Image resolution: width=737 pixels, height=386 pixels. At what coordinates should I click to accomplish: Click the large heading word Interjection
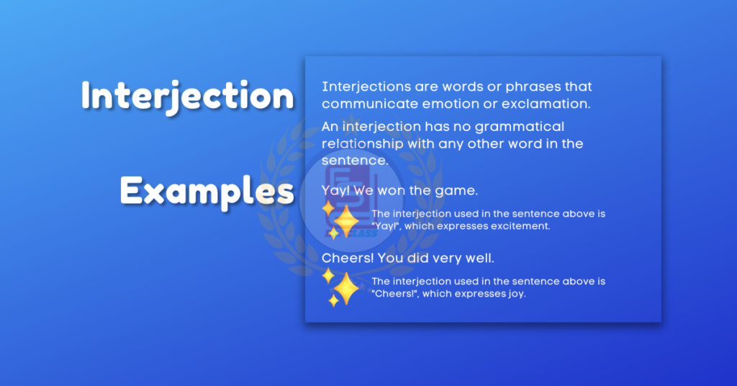[x=188, y=96]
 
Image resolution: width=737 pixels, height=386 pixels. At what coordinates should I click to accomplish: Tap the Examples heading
[x=207, y=191]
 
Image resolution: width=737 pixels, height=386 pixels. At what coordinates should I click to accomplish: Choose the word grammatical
[x=520, y=127]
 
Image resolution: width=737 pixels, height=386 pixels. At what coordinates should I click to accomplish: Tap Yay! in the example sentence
[x=335, y=191]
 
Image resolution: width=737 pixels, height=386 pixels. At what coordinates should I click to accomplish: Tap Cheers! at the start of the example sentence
[x=348, y=258]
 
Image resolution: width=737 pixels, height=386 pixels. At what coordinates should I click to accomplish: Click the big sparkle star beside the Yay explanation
[x=346, y=220]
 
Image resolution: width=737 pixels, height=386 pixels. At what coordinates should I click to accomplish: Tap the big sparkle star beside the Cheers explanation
[x=346, y=288]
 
